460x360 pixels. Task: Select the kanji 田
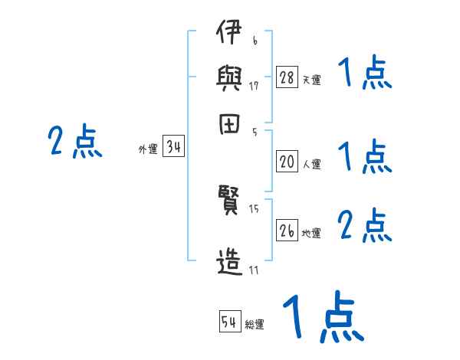point(228,125)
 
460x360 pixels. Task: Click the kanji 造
point(228,263)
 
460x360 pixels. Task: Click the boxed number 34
point(173,148)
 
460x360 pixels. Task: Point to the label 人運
point(311,164)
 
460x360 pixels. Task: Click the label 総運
point(255,325)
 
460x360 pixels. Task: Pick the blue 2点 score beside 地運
point(364,226)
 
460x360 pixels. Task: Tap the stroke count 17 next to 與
point(254,86)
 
